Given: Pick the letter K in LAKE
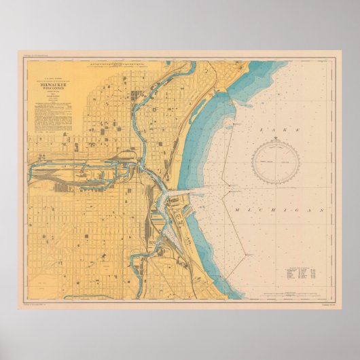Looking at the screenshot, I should click(285, 128).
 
